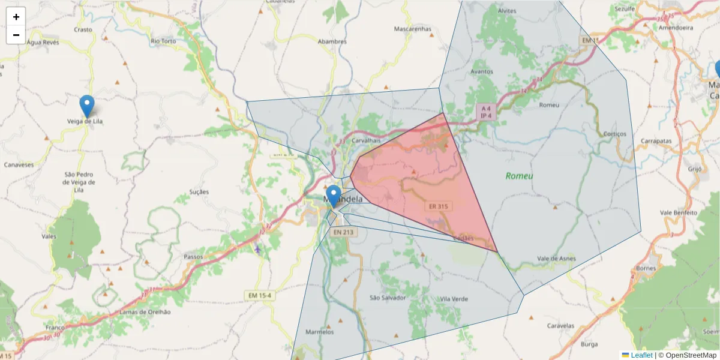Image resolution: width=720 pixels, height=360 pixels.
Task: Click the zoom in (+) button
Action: pos(16,17)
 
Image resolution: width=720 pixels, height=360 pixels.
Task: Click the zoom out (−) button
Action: pos(16,35)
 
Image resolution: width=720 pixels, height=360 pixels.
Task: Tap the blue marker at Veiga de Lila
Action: pos(87,106)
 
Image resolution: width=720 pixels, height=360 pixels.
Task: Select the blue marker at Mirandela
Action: pos(334,196)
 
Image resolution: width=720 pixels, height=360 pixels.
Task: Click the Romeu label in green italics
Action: pos(519,176)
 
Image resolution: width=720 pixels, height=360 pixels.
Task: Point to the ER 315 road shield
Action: pos(438,206)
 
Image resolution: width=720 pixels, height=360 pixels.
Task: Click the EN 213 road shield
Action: pos(344,232)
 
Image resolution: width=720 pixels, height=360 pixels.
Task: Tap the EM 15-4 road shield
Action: pos(259,295)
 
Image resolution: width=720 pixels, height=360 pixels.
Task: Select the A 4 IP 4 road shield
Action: pos(485,112)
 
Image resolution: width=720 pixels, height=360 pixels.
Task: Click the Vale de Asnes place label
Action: pos(556,259)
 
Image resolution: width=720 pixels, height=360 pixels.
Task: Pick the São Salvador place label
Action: pos(388,298)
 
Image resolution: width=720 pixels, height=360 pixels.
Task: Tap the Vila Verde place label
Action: pos(454,299)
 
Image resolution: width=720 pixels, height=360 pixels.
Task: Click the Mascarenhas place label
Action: pos(412,28)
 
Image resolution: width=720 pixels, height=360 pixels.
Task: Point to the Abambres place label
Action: pos(332,41)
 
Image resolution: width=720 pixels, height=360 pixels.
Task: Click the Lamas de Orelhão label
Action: pos(145,312)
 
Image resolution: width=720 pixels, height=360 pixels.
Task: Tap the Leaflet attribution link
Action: pos(641,355)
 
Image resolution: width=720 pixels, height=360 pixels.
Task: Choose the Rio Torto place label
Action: pos(163,41)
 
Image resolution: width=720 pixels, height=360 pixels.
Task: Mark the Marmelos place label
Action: pos(319,332)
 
